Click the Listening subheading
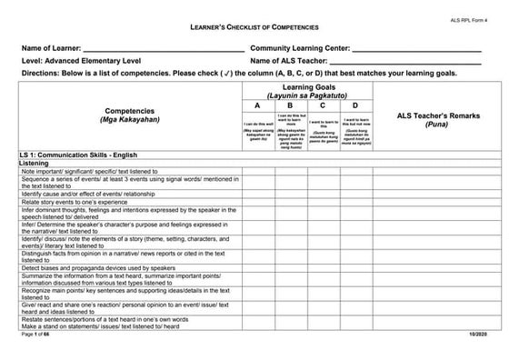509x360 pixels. (x=35, y=164)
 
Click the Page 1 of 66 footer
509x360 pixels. (x=35, y=336)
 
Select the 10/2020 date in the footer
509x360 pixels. (x=481, y=336)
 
